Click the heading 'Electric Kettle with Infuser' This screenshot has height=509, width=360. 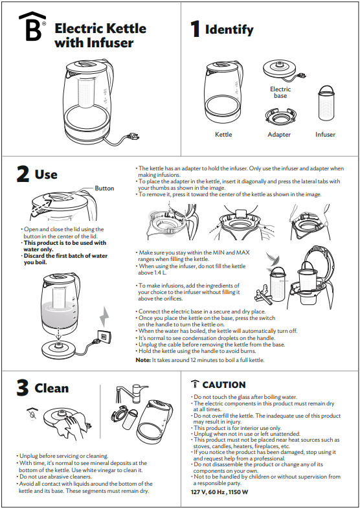coord(100,36)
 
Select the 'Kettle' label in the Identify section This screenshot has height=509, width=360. coord(223,135)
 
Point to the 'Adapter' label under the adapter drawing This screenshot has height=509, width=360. coord(279,135)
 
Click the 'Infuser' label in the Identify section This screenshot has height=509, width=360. coord(325,135)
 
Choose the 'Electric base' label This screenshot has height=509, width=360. coord(280,92)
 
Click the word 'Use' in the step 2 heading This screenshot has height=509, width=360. coord(46,174)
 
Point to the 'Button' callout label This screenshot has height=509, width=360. coord(104,188)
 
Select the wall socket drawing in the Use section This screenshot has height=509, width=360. coord(101,336)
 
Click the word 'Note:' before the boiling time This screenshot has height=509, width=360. coord(143,359)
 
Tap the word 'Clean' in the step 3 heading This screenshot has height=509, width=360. coord(52,389)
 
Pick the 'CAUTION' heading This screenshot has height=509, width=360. coord(223,385)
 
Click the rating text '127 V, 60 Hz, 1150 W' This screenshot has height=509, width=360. coord(219,492)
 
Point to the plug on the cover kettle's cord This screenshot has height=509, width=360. coord(134,137)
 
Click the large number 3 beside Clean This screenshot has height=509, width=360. coord(23,389)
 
